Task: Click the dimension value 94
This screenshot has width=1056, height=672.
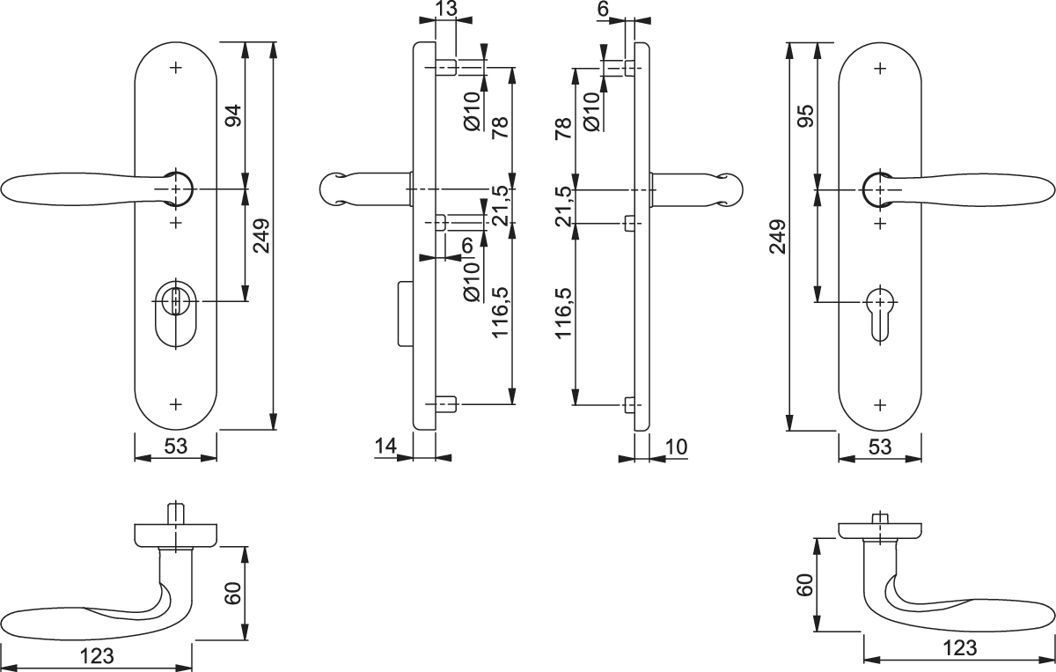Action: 233,115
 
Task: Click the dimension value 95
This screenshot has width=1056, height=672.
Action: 807,116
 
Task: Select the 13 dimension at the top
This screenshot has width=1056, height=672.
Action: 446,9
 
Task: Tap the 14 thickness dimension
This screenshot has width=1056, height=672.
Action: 386,446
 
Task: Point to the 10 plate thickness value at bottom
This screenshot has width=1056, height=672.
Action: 676,447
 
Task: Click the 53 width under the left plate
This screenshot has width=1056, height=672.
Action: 175,446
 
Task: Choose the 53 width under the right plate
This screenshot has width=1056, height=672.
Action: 880,447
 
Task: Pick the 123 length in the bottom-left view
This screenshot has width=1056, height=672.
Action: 97,656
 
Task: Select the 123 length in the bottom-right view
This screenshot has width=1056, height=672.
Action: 960,648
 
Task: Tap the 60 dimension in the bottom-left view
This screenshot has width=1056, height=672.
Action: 233,594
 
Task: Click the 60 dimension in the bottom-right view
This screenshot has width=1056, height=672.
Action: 805,585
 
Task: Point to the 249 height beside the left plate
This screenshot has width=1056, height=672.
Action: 260,236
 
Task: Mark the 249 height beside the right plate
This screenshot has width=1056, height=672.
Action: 777,236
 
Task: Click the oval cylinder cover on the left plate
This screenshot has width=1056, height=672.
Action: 175,314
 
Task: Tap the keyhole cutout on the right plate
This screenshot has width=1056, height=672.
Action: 880,313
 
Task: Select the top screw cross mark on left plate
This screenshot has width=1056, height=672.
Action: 176,68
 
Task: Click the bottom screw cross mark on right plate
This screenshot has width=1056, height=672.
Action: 880,405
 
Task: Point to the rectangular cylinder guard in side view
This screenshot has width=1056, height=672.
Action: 406,314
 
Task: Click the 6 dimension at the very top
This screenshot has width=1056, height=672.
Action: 603,9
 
